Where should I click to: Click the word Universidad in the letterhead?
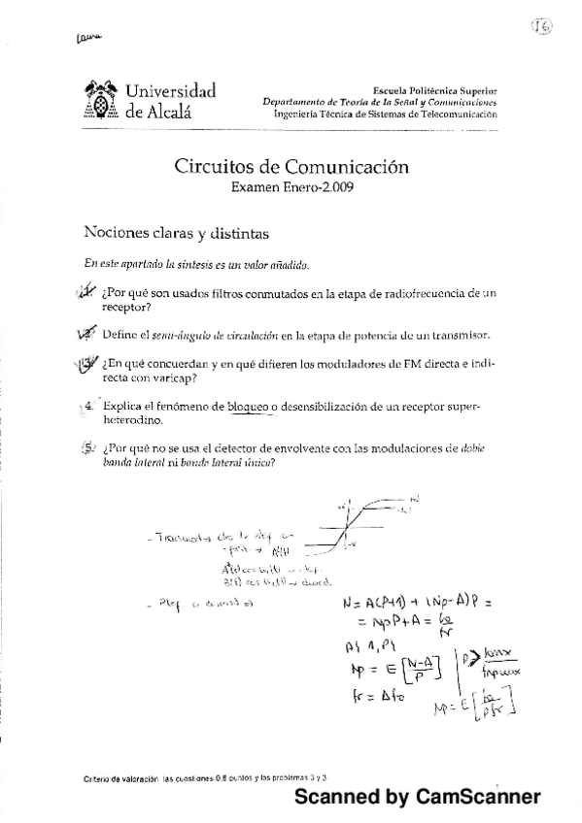pos(170,91)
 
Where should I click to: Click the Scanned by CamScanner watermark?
pos(417,796)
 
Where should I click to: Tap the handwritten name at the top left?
pos(86,38)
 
